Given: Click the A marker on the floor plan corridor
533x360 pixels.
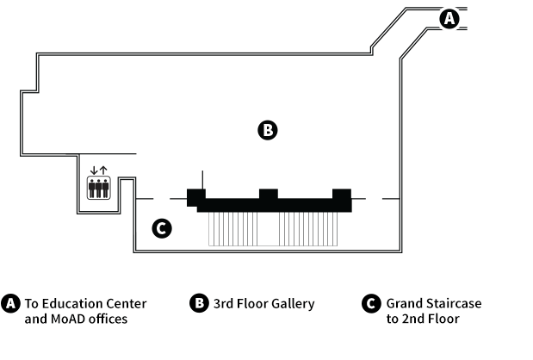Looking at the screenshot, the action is [449, 18].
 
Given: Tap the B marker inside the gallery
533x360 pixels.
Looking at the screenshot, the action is [268, 130].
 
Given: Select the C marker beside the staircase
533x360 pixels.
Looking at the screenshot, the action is [162, 228].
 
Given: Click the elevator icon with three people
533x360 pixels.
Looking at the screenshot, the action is [98, 188].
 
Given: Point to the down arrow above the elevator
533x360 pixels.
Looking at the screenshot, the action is [94, 171].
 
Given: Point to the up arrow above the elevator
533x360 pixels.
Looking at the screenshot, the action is [103, 171].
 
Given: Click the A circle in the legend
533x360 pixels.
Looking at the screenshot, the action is [10, 303].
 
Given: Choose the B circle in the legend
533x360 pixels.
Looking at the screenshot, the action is [199, 303].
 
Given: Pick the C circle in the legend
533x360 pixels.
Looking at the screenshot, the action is [371, 303].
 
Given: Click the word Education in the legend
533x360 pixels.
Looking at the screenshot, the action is [72, 303].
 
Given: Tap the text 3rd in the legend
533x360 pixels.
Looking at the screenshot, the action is [223, 303].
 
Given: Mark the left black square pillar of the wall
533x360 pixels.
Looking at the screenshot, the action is [196, 197].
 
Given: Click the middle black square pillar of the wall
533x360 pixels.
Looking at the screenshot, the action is [269, 194].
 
